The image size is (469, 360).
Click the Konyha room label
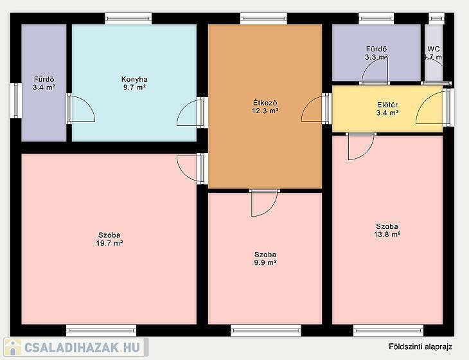[134, 79]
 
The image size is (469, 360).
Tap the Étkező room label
[265, 103]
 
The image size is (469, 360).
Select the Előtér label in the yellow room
[387, 105]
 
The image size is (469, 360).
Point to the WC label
[434, 49]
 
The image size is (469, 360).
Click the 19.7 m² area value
[109, 243]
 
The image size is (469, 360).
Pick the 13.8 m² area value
[387, 234]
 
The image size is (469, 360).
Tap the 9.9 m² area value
[265, 263]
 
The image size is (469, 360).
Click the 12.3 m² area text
[265, 111]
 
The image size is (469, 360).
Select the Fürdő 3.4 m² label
[44, 84]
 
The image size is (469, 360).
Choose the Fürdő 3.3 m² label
[376, 53]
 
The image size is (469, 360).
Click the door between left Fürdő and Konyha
[81, 109]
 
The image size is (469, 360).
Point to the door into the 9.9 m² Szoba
[265, 203]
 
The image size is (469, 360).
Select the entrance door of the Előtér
[433, 107]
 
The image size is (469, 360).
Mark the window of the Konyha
[128, 19]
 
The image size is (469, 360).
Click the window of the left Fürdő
[15, 100]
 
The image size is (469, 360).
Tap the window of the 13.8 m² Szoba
[388, 330]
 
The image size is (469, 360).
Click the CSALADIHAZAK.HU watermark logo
[76, 347]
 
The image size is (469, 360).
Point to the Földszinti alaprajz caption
[420, 346]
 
